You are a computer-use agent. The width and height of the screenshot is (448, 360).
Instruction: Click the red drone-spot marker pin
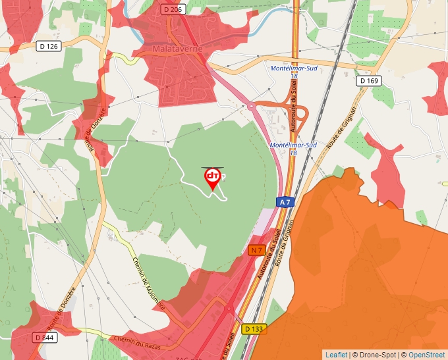click(213, 178)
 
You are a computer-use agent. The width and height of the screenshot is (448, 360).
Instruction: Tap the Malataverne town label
click(176, 49)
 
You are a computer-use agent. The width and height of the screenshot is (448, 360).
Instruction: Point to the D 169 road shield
click(370, 80)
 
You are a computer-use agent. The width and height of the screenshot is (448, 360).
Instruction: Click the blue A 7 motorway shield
click(284, 203)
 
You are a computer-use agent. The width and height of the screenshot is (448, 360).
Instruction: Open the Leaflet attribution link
click(336, 355)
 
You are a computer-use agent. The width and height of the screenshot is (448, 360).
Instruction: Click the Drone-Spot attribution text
click(374, 355)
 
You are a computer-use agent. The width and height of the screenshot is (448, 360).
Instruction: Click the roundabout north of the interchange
click(250, 106)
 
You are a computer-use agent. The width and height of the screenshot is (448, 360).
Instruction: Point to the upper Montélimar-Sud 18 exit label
click(294, 72)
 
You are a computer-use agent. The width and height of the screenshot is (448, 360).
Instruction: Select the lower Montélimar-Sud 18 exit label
click(294, 149)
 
